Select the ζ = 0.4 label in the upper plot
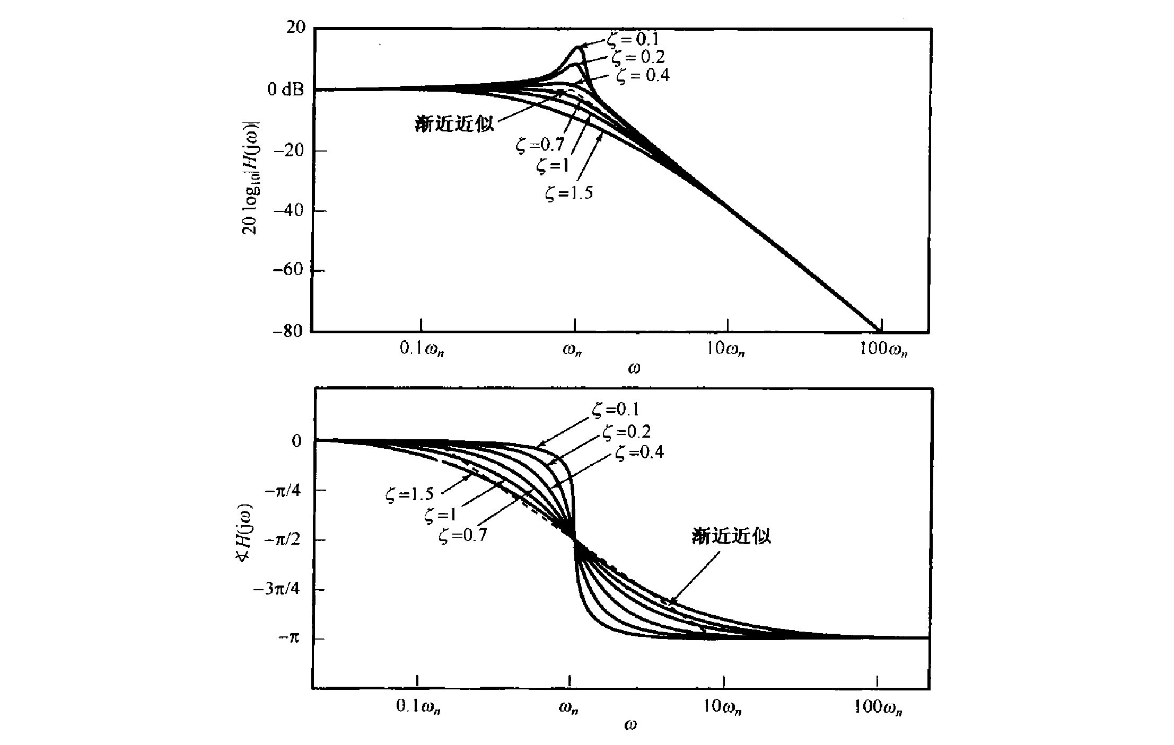[643, 76]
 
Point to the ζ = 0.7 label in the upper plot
[540, 145]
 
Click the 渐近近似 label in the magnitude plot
[454, 123]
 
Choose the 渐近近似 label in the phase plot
[731, 536]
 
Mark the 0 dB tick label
[285, 90]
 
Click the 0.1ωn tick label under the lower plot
[419, 707]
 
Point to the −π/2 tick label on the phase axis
[284, 540]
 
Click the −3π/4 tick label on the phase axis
[279, 589]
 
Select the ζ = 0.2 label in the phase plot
[626, 432]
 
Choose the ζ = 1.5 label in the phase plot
[409, 495]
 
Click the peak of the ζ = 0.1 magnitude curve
[577, 47]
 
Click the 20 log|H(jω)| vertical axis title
[250, 179]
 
